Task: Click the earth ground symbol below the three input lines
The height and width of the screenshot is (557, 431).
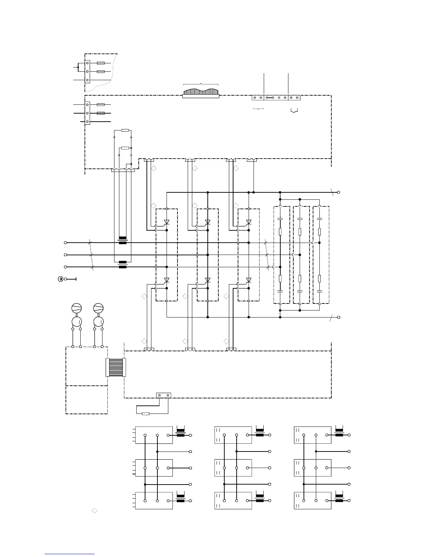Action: [x=61, y=279]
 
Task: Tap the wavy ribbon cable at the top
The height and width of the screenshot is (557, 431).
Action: [x=201, y=92]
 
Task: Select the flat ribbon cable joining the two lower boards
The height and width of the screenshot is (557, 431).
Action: [x=116, y=367]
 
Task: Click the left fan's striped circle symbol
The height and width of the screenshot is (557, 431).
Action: [x=76, y=308]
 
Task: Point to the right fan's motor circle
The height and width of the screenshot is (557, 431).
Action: [x=98, y=321]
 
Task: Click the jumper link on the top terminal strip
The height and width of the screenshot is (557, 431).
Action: [x=270, y=98]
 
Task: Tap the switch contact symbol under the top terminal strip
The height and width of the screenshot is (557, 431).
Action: [x=294, y=111]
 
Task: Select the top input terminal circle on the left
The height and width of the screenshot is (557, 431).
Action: [x=65, y=243]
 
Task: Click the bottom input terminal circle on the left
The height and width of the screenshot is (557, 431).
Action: [x=65, y=267]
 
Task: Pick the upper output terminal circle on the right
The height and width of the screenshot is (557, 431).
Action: [x=339, y=192]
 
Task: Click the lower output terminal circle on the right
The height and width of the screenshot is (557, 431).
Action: [x=339, y=317]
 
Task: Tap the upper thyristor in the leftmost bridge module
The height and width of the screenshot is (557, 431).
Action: [x=167, y=222]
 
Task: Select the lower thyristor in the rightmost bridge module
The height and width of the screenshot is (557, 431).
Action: [x=249, y=280]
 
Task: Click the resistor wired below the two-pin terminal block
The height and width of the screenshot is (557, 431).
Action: [x=145, y=414]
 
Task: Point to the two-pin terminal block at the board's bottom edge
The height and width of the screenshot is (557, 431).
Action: [x=163, y=395]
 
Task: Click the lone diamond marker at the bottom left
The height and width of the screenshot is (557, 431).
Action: [x=94, y=511]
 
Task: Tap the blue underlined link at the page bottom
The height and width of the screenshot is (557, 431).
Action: [x=70, y=554]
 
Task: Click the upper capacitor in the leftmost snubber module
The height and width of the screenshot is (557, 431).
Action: [x=280, y=219]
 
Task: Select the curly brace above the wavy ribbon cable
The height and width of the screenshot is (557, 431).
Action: [x=201, y=84]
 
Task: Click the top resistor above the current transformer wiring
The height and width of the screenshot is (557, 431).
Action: [x=125, y=130]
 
